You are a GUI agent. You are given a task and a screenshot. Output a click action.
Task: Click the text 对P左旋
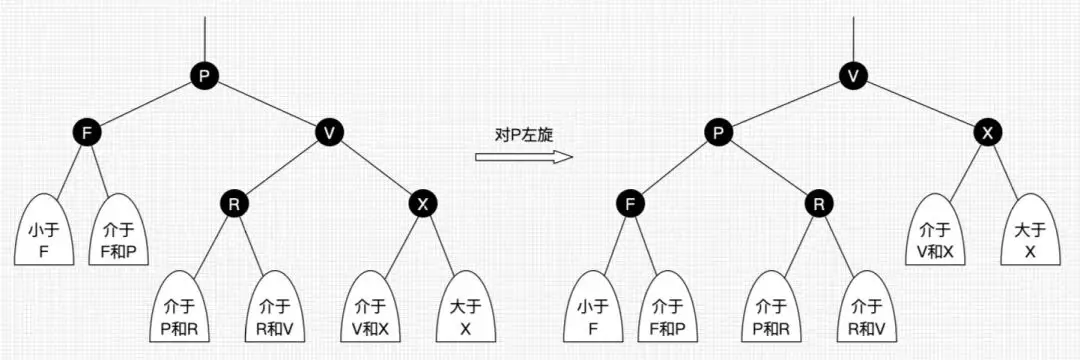pyautogui.click(x=521, y=135)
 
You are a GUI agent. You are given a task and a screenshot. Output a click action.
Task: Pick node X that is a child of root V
pyautogui.click(x=986, y=132)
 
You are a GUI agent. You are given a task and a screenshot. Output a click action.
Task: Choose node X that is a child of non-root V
pyautogui.click(x=423, y=204)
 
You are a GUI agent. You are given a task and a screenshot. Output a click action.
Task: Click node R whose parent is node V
pyautogui.click(x=234, y=204)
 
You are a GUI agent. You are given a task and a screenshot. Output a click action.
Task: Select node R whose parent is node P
pyautogui.click(x=819, y=204)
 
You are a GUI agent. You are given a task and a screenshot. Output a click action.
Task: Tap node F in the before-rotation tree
pyautogui.click(x=87, y=132)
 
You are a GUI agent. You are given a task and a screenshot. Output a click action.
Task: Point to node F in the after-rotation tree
pyautogui.click(x=628, y=204)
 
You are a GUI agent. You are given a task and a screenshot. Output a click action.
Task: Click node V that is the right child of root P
pyautogui.click(x=329, y=132)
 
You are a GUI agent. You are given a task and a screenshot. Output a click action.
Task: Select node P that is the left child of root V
pyautogui.click(x=718, y=132)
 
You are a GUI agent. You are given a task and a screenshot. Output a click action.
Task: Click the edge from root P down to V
pyautogui.click(x=267, y=102)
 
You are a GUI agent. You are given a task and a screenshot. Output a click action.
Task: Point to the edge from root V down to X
pyautogui.click(x=920, y=103)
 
